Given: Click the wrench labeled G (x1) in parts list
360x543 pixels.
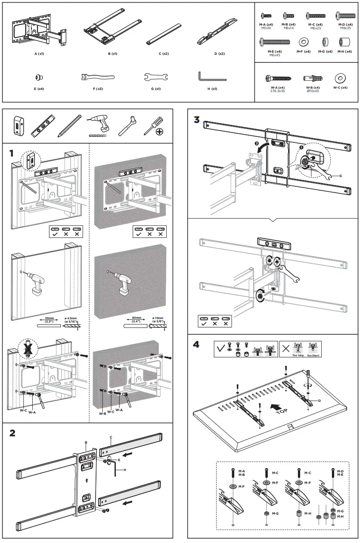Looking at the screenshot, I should point(155,77).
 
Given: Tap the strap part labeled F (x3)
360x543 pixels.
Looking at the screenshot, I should point(97,77).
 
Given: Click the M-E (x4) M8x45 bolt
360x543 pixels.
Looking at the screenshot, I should point(275,42).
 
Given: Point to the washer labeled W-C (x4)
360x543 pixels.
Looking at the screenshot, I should point(340,78).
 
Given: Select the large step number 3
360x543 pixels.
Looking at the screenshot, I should point(197,119).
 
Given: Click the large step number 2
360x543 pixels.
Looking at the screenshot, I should point(12,433).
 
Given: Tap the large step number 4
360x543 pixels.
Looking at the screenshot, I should point(197,346).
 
